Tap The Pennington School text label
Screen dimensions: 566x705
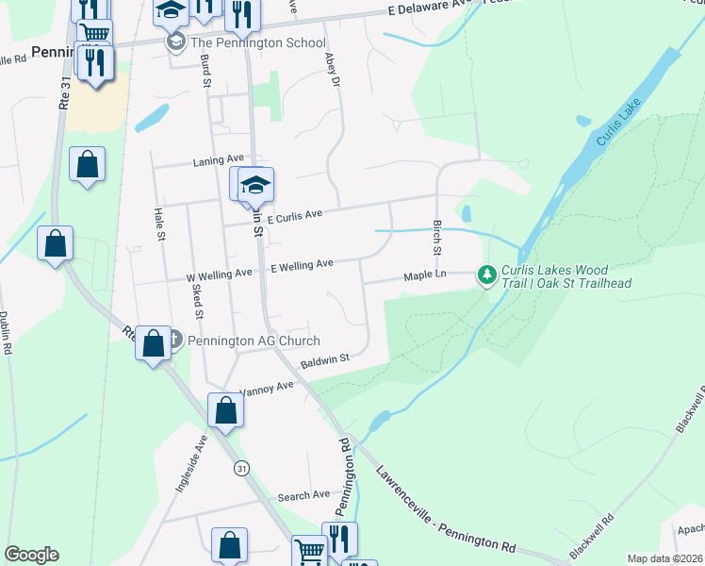[x=257, y=43]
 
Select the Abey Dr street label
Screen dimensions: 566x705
[x=332, y=70]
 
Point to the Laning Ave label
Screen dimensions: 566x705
[x=219, y=159]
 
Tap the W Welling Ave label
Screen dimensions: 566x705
[x=219, y=274]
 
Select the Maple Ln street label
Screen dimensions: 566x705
[x=424, y=276]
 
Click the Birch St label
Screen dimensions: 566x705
[x=436, y=237]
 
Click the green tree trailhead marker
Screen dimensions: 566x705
[x=486, y=275]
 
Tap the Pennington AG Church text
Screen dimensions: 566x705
[x=254, y=341]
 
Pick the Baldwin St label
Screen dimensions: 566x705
[x=325, y=359]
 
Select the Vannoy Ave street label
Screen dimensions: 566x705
[x=268, y=388]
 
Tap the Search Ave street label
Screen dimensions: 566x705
[x=303, y=495]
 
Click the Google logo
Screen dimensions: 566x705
[x=31, y=555]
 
